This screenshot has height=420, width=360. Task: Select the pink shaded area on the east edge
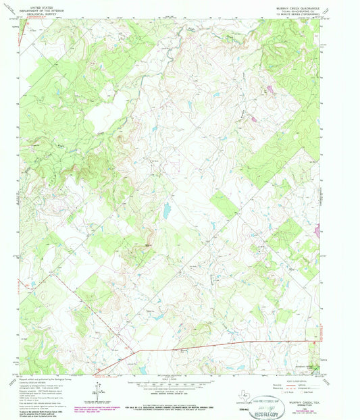317,232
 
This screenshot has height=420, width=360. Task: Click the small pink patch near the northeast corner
271,88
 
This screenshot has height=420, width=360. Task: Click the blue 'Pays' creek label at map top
191,29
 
